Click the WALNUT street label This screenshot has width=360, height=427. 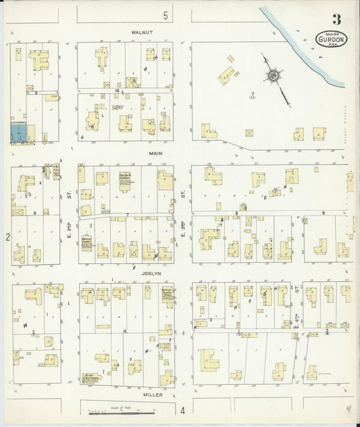point(143,32)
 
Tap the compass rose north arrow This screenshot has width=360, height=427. point(274,76)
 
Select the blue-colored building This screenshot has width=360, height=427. point(20,132)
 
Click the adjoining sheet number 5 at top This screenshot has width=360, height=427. point(164,15)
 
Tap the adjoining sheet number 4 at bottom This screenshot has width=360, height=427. point(182,410)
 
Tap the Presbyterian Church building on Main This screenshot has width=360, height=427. point(124,180)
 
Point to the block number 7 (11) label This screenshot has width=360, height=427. point(252,95)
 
